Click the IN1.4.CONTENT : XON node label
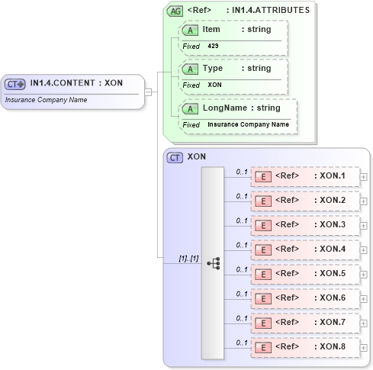76,83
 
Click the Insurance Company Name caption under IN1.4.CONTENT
46,100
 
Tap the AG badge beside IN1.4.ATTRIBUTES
175,11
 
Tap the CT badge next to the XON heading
175,158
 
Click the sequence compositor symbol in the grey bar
213,262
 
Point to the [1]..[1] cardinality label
188,259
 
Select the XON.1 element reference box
305,177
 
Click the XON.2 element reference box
305,201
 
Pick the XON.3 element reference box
305,226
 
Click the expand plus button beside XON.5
364,275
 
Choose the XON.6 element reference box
305,299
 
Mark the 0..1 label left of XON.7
242,318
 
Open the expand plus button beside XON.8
364,348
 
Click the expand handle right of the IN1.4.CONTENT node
150,92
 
